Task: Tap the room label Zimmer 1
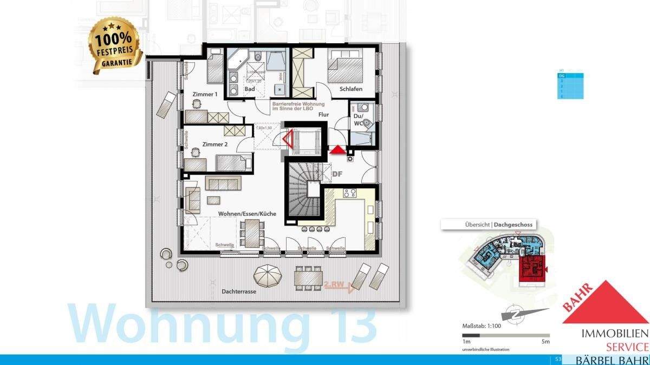point(205,94)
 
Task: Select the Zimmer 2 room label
point(214,144)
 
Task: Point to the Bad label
point(250,89)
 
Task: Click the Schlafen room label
point(351,89)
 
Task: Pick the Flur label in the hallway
point(324,115)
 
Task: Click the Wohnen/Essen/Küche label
point(247,214)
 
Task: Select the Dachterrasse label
point(238,291)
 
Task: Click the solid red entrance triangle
point(337,150)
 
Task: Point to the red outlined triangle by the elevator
point(287,140)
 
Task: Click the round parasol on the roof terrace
point(269,276)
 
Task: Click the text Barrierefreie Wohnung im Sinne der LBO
point(298,106)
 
